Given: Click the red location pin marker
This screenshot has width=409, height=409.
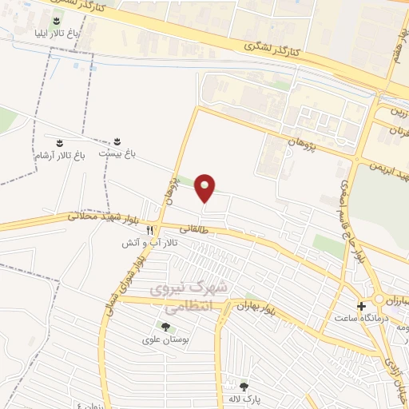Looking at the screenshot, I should pyautogui.click(x=206, y=188).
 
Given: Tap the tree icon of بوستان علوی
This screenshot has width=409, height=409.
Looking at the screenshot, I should pyautogui.click(x=165, y=327).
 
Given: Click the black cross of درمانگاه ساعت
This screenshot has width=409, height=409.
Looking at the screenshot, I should pyautogui.click(x=362, y=306).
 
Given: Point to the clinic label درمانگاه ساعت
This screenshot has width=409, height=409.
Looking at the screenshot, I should pyautogui.click(x=360, y=319).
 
